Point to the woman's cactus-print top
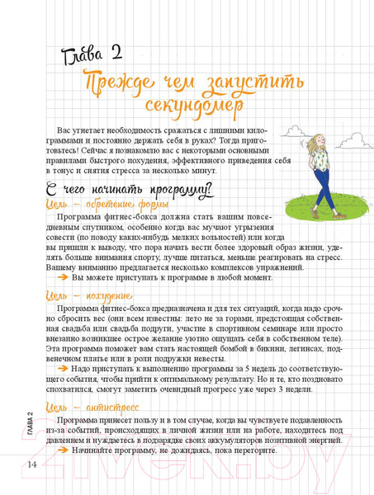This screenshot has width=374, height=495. click(x=320, y=163)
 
